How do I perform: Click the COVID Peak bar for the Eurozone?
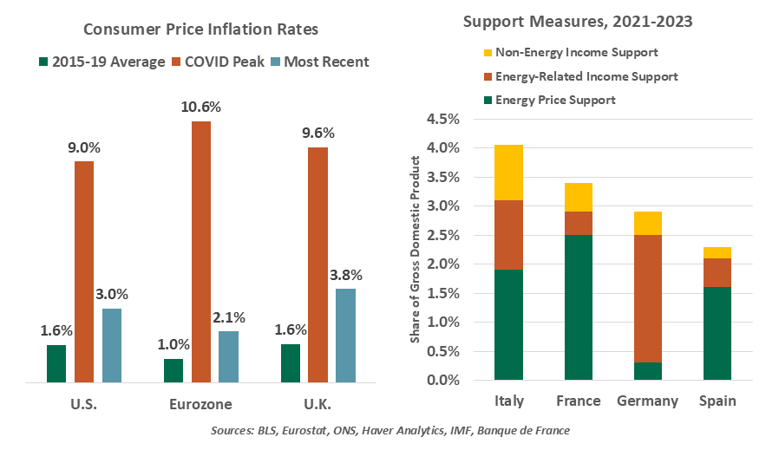click(201, 251)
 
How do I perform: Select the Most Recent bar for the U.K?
click(345, 335)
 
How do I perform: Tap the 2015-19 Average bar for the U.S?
click(56, 363)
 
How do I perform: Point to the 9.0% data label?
click(84, 147)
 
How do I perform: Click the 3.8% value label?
click(345, 275)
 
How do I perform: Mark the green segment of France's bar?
click(579, 307)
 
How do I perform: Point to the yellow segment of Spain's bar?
click(717, 252)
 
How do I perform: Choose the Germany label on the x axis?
click(647, 401)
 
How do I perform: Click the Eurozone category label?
click(201, 404)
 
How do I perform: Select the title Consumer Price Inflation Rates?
click(201, 29)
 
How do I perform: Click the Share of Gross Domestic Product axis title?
click(416, 249)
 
